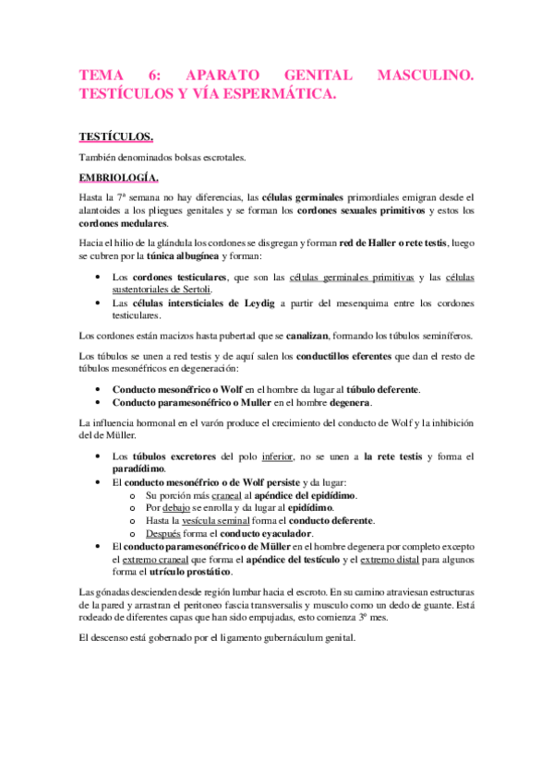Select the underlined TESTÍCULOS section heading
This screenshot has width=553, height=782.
tap(115, 137)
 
